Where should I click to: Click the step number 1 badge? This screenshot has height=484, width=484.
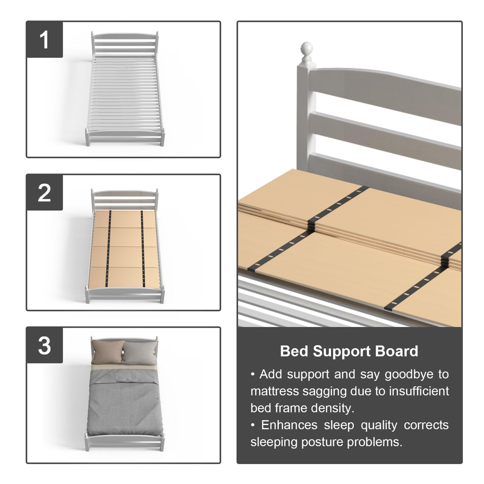[x=44, y=39]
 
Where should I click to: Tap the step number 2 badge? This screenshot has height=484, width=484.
[x=44, y=193]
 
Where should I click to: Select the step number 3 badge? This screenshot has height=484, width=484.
[x=44, y=345]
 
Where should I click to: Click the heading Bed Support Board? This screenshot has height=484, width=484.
[x=349, y=351]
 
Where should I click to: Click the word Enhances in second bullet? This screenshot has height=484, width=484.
[x=289, y=425]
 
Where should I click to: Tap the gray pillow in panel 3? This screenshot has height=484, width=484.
[x=139, y=352]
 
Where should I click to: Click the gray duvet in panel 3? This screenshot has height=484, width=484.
[x=124, y=403]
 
